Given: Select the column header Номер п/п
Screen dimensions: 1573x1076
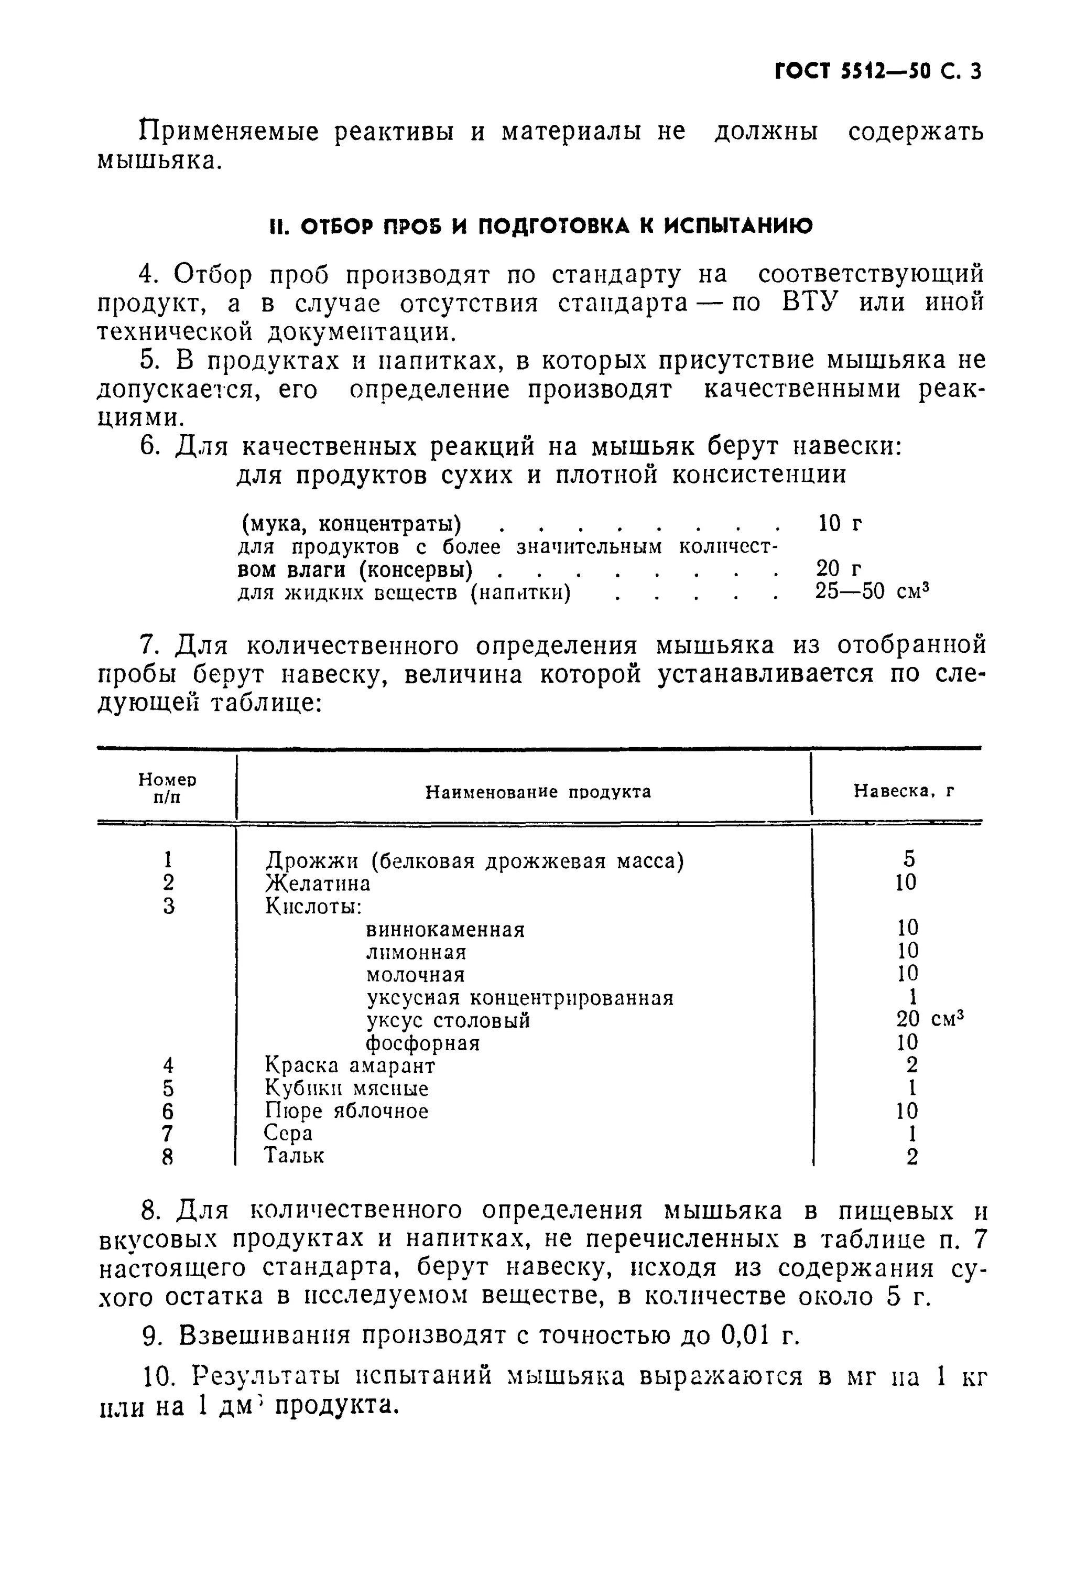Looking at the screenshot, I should [x=167, y=788].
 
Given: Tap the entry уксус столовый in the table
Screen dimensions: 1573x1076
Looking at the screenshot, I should [x=448, y=1020].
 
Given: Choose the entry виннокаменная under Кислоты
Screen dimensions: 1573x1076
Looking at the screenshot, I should [x=445, y=929].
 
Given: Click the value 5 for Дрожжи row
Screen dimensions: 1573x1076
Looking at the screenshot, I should [x=908, y=859].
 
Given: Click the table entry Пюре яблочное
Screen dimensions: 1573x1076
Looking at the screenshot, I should [x=346, y=1110].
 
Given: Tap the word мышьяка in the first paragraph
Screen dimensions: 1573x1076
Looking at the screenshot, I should [x=158, y=160].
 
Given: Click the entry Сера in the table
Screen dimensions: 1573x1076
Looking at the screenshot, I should [x=288, y=1133].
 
